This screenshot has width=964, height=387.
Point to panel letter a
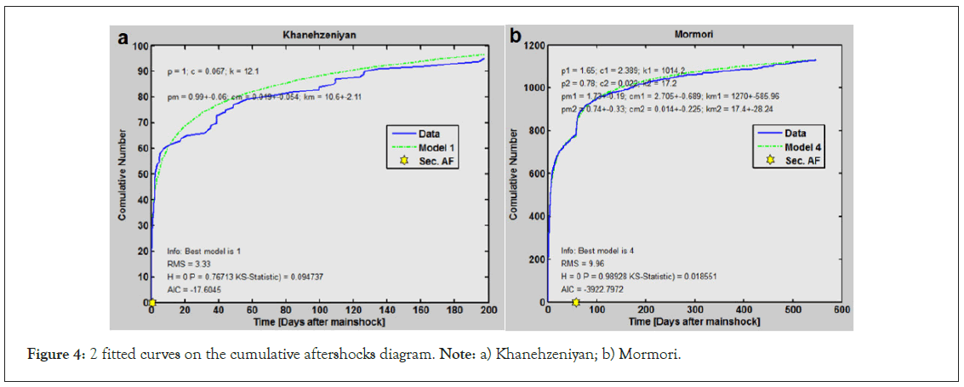click(123, 38)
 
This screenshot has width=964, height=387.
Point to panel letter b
click(515, 36)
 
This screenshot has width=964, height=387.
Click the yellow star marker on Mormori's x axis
click(576, 302)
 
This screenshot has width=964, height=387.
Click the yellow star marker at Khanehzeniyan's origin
click(151, 302)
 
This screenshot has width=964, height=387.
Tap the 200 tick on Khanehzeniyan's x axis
click(488, 311)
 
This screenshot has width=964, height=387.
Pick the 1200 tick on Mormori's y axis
click(531, 46)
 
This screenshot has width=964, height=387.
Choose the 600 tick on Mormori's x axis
click(841, 311)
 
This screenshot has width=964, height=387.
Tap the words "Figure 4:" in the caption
click(45, 356)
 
